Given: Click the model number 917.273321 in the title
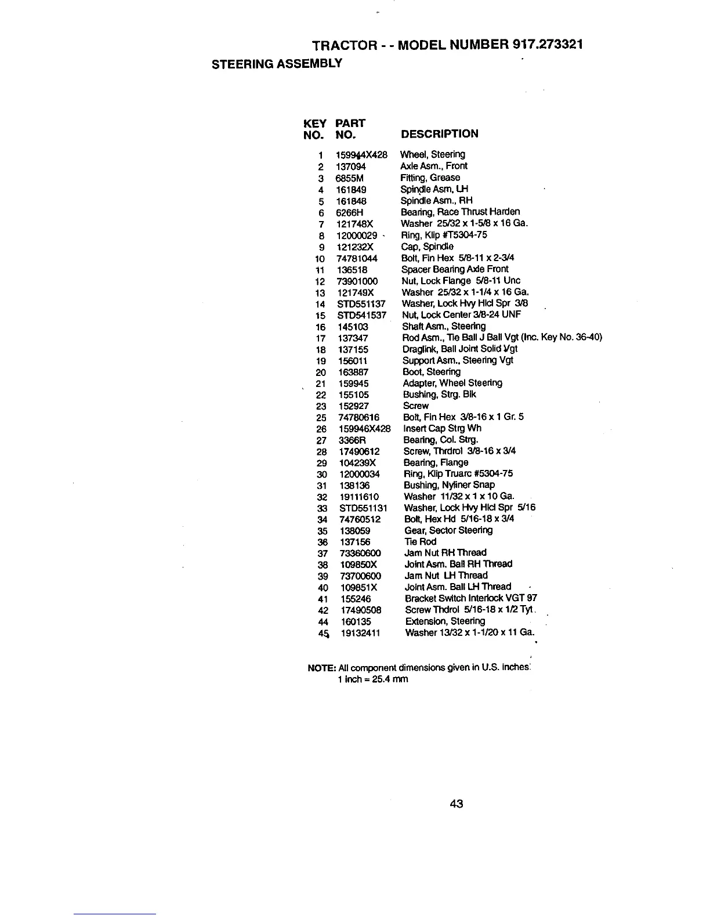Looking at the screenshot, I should point(548,45).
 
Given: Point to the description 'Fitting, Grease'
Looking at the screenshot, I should point(430,178).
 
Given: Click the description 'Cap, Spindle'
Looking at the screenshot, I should point(427,247).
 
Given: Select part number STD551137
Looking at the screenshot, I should point(361,304).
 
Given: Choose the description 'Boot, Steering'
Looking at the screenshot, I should point(432,372).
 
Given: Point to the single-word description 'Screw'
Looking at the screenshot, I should point(415,406).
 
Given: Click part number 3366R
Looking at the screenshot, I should point(352,440).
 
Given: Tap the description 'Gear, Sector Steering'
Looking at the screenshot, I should point(448,530).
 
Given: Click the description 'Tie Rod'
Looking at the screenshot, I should point(420,542).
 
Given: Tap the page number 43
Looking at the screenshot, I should point(456,804).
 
